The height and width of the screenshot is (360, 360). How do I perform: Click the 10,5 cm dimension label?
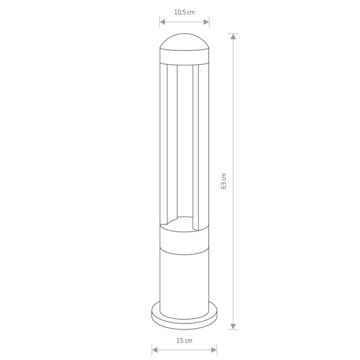tap(184, 11)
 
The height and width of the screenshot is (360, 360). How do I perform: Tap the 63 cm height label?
tap(223, 181)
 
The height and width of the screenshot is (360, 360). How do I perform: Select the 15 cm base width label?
tap(184, 341)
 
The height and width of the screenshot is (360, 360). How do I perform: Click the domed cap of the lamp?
tap(184, 44)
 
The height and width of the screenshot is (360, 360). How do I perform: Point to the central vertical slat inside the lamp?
tap(185, 144)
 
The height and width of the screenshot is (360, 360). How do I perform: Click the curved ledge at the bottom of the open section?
tap(180, 222)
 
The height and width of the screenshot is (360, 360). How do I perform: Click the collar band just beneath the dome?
tap(184, 59)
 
